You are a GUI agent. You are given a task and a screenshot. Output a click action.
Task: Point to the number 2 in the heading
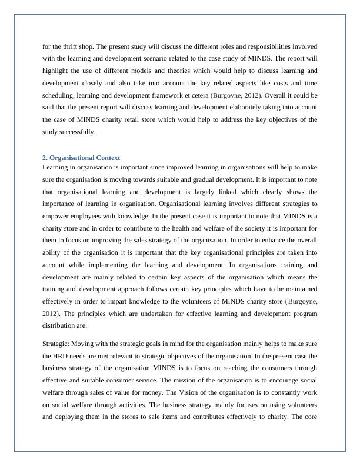(45, 158)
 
